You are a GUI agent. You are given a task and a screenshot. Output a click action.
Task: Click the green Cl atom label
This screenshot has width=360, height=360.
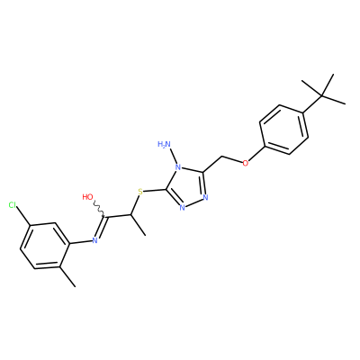coord(13,205)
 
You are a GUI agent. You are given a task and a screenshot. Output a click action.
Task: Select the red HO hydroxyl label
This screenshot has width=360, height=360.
coord(87,197)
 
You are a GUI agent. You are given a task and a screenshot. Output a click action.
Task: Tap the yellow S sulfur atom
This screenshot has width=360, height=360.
coord(139,192)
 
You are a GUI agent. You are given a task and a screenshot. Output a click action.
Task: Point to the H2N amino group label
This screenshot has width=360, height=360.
coord(164,145)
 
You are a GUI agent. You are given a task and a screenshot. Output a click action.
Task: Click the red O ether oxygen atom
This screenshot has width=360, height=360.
coord(246,163)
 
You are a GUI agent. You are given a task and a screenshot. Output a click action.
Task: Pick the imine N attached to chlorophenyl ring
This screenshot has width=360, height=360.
coord(94,240)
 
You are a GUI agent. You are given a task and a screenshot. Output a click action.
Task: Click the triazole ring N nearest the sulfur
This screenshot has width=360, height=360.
coord(182,207)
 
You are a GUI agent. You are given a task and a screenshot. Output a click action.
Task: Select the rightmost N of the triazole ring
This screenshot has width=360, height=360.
coord(205,197)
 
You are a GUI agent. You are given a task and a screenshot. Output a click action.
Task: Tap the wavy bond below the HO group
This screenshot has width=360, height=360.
coord(98,210)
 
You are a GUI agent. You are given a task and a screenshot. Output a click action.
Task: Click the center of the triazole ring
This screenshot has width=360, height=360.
coord(187,188)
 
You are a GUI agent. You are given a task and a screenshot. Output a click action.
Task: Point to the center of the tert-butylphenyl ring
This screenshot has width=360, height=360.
coord(284,130)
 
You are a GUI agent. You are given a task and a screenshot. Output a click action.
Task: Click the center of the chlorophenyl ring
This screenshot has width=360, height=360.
coord(45,246)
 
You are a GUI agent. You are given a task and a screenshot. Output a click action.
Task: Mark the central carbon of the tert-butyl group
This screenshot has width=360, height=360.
coord(322,96)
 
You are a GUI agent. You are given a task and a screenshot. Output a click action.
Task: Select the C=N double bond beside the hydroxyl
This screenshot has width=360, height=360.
coord(101,228)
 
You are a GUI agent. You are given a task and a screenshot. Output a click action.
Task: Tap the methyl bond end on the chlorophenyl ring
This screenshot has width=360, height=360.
coord(75,287)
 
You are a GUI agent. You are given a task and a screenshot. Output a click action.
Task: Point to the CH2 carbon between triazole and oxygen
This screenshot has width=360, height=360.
coord(222,157)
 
